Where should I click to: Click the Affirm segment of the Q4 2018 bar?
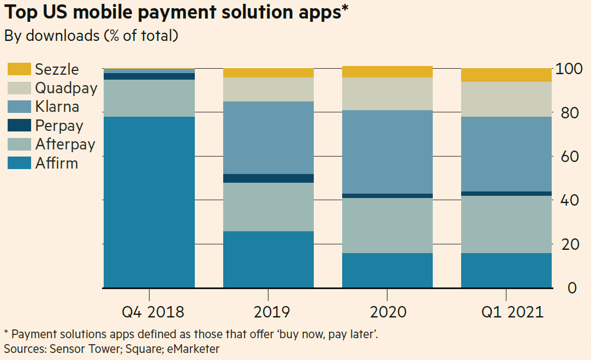coord(149,202)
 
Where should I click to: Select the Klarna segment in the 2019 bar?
coord(268,137)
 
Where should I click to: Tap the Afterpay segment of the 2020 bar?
coord(387,225)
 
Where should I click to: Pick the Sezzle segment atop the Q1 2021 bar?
coord(506,75)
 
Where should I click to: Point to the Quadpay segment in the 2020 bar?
coord(387,94)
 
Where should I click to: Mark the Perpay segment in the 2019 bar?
coord(268,178)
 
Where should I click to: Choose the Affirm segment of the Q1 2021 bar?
coord(506,270)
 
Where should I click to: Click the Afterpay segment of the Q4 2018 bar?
coord(149,98)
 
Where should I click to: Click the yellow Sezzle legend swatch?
coord(19,69)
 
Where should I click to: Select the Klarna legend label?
coord(57,106)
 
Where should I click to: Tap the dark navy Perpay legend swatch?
coord(19,125)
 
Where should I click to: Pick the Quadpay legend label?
coord(66,88)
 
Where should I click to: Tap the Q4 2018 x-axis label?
coord(153,312)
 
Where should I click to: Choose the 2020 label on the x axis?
coord(388,312)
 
